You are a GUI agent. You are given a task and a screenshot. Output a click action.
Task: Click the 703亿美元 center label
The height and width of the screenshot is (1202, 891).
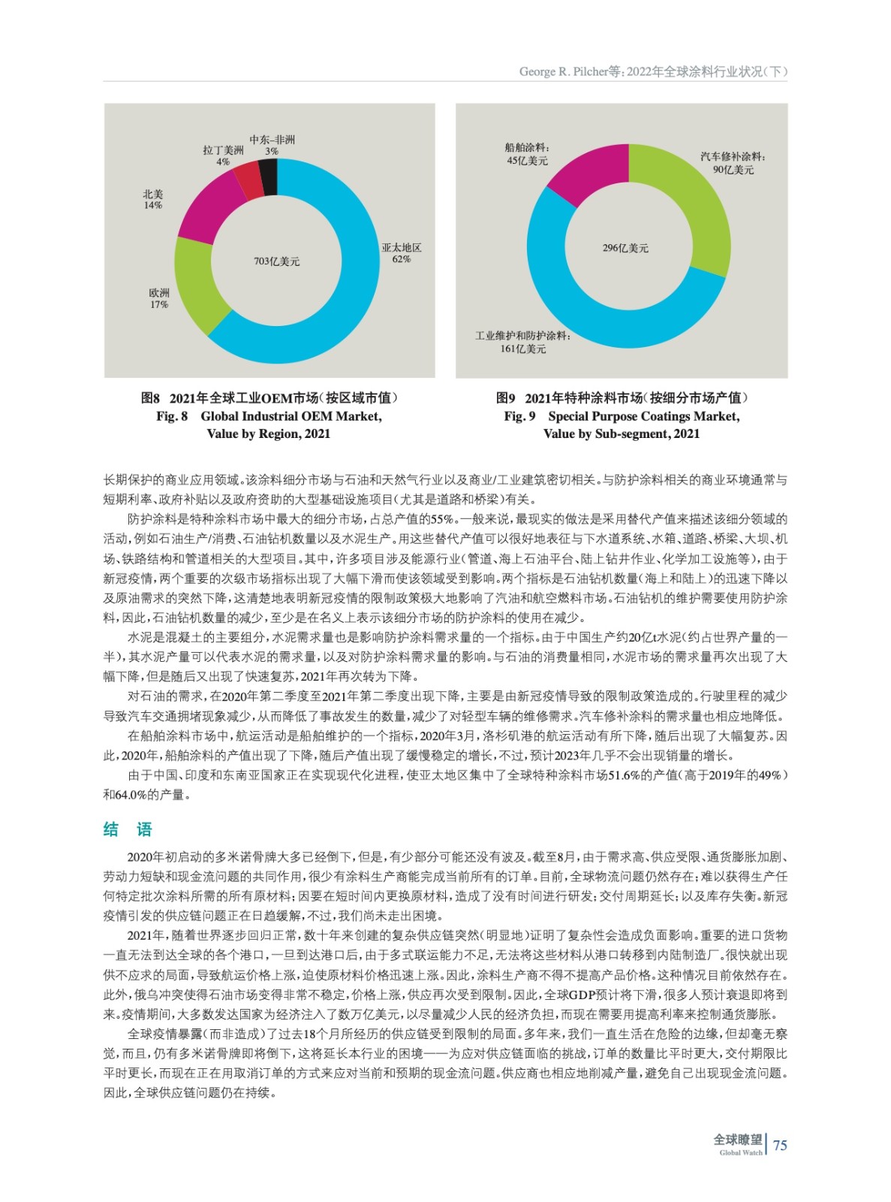click(x=276, y=261)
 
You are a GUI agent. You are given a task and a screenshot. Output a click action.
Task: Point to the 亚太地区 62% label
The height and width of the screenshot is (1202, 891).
click(x=402, y=253)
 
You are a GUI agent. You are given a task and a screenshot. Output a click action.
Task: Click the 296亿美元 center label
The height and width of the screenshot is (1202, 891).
click(x=625, y=248)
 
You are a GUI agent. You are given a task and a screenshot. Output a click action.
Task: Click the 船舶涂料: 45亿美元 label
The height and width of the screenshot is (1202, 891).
click(x=527, y=154)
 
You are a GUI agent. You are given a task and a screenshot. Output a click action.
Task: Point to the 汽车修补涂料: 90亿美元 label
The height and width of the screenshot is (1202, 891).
click(x=733, y=163)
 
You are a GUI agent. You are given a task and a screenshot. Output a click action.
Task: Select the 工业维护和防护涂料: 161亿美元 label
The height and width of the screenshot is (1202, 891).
click(x=522, y=342)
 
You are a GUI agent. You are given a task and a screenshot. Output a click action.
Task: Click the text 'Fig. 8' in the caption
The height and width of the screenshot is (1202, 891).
click(x=172, y=416)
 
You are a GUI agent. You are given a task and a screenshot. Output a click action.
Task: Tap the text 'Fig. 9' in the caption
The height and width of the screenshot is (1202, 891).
click(x=519, y=416)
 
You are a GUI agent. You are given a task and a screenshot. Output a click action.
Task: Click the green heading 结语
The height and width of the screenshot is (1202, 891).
click(x=128, y=829)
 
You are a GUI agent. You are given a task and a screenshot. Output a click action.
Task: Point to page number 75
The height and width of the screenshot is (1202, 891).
click(x=780, y=1145)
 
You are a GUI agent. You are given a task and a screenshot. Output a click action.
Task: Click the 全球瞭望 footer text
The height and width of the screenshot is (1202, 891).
click(x=737, y=1140)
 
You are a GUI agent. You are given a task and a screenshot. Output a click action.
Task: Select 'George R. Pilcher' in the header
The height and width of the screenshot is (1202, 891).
click(x=562, y=72)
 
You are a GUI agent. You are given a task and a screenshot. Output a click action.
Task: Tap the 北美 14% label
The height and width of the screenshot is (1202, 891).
click(x=153, y=199)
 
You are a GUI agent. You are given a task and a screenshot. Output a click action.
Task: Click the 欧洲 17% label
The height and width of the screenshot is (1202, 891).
click(x=159, y=298)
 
